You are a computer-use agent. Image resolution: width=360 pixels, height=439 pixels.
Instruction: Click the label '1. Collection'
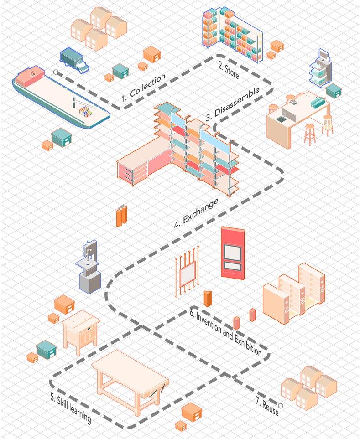click(x=143, y=88)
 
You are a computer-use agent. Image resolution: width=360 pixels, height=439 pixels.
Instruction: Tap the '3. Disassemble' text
click(x=232, y=103)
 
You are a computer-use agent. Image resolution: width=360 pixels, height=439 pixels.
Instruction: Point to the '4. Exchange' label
click(x=196, y=213)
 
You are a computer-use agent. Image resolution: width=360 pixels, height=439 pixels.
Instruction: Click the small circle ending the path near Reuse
click(x=281, y=405)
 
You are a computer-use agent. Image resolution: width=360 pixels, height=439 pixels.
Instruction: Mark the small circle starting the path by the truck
click(x=56, y=72)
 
